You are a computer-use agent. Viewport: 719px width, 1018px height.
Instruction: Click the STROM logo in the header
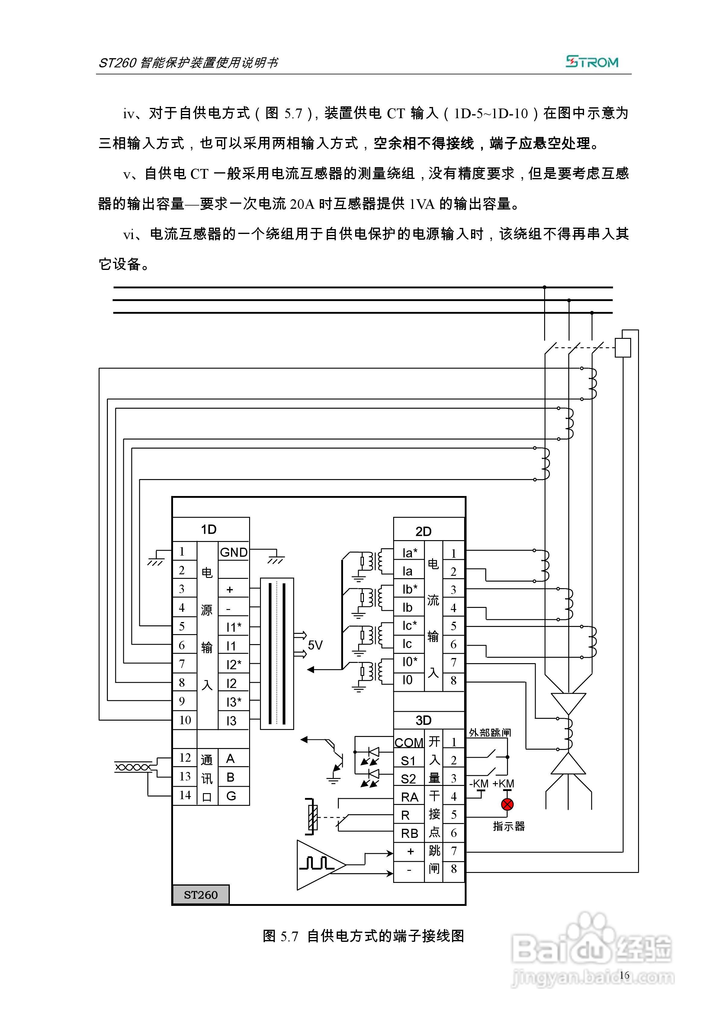click(592, 62)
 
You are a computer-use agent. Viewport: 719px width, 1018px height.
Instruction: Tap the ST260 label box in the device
click(201, 895)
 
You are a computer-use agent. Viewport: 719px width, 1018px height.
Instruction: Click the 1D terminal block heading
click(209, 529)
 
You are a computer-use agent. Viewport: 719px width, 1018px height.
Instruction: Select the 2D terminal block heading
click(423, 531)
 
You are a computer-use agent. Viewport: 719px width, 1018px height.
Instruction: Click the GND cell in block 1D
click(233, 552)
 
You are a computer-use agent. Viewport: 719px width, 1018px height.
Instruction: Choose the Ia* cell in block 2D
click(409, 553)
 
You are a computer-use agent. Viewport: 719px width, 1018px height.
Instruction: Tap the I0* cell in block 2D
click(409, 662)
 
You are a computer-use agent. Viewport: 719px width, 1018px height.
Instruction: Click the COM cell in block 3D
click(409, 743)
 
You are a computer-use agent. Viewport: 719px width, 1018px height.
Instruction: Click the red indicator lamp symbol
click(507, 804)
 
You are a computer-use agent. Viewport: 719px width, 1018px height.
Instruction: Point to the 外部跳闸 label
click(490, 732)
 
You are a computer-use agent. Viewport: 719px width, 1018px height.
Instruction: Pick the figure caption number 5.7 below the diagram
click(289, 936)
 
